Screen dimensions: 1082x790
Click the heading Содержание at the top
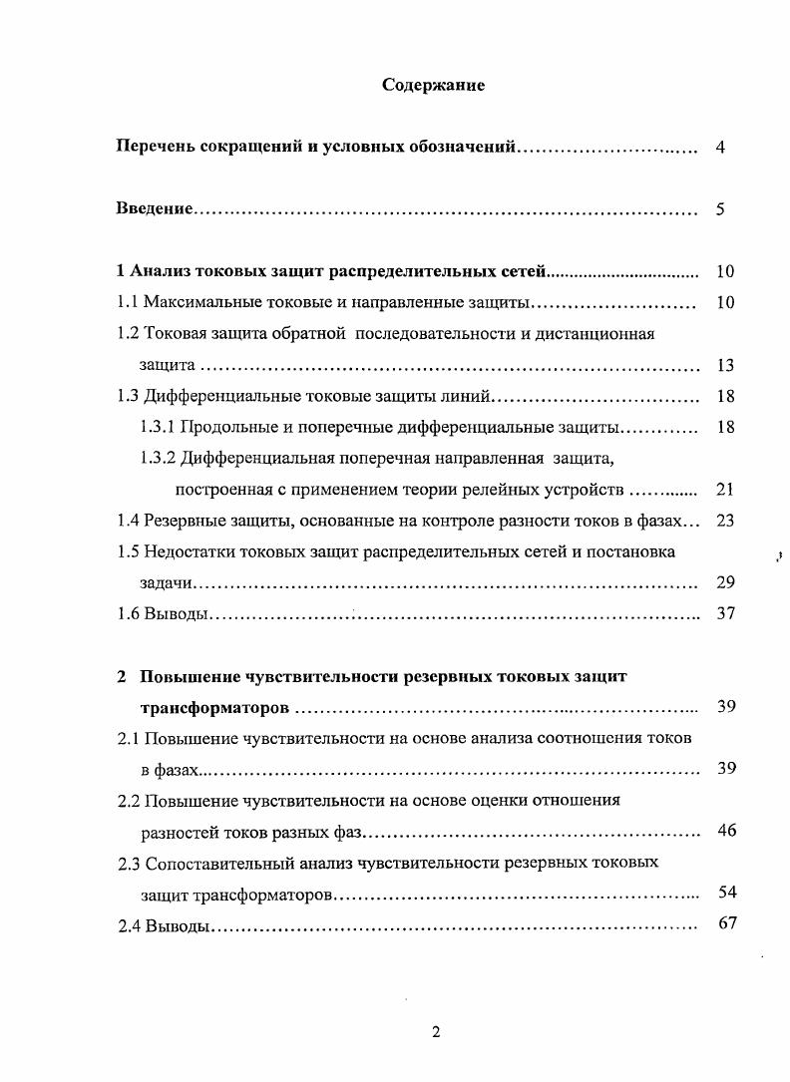click(x=434, y=85)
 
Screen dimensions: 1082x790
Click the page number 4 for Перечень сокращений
click(x=720, y=148)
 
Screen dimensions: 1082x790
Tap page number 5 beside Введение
click(x=720, y=209)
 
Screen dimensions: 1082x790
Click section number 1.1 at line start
click(x=128, y=302)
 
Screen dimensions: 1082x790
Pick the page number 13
click(x=725, y=365)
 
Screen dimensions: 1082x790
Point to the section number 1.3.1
click(x=158, y=427)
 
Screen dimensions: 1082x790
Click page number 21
click(x=725, y=490)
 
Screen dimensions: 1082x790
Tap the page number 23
click(x=725, y=520)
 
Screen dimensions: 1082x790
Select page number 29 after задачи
click(x=725, y=582)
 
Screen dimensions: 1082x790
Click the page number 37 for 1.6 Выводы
click(x=725, y=613)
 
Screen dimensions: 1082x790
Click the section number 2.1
click(x=128, y=738)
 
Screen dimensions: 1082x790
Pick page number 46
click(x=726, y=830)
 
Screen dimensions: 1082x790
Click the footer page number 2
click(x=436, y=1032)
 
